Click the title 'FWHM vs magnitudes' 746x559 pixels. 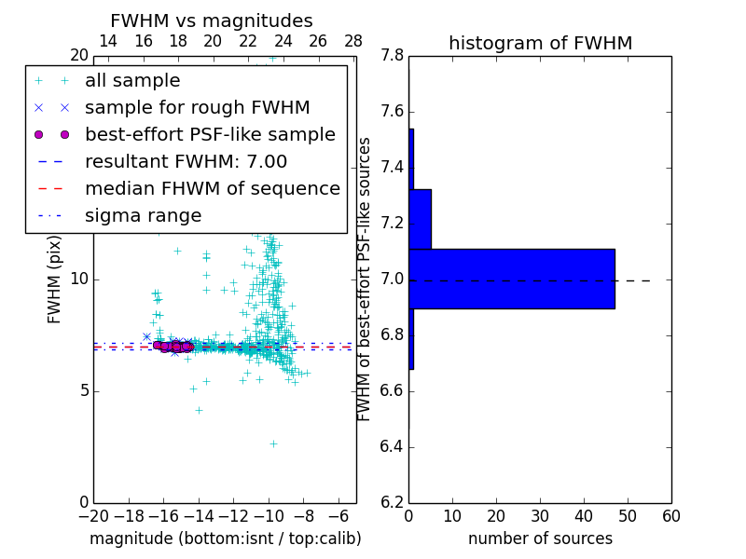click(x=212, y=20)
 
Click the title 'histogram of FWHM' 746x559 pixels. click(x=540, y=43)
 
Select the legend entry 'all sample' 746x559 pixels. click(x=132, y=81)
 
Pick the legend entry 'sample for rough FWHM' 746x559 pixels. click(x=197, y=108)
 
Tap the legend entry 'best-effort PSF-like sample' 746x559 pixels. click(x=210, y=135)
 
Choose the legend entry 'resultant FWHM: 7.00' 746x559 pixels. click(x=186, y=162)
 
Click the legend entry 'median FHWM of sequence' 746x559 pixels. click(x=212, y=189)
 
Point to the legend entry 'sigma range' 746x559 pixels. click(x=143, y=216)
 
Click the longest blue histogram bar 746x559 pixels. click(x=512, y=279)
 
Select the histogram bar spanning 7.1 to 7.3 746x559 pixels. click(x=421, y=219)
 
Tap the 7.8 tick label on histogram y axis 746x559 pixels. click(x=392, y=56)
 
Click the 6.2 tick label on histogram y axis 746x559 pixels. click(x=392, y=503)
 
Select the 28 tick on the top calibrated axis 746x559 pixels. click(x=353, y=42)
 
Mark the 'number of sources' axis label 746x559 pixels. click(x=540, y=539)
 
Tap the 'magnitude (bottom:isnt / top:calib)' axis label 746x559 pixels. click(x=225, y=539)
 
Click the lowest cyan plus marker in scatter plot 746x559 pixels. click(x=273, y=443)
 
